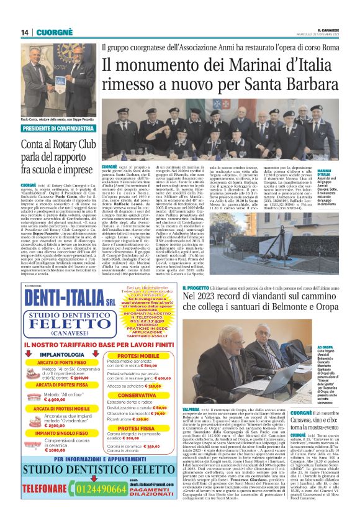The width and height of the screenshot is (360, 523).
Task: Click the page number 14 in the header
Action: tap(25, 32)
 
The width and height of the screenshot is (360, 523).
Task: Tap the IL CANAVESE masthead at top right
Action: tap(335, 30)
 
